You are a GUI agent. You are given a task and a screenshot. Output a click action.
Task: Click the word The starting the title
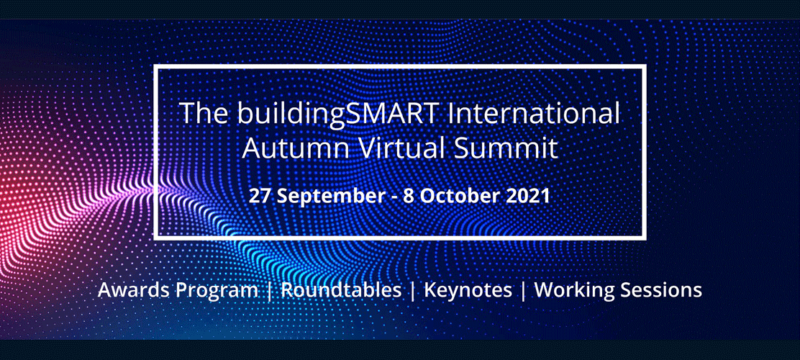(205, 113)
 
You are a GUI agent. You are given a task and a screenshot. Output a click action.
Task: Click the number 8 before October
(408, 196)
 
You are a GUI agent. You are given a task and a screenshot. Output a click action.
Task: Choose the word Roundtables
(341, 290)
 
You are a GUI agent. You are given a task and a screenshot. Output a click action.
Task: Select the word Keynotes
(468, 291)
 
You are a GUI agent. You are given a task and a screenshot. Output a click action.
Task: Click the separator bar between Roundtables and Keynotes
(413, 291)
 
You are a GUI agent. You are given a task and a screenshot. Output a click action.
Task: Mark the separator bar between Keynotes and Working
(523, 291)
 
